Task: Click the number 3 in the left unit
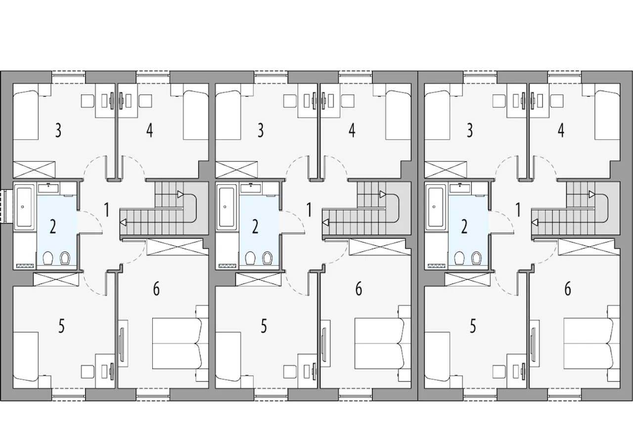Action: [x=58, y=130]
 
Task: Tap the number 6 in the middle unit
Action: [x=359, y=289]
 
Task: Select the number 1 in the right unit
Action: [x=518, y=210]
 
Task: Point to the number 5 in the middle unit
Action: [x=264, y=326]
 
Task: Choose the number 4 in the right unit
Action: [x=561, y=130]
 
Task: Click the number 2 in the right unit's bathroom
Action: [x=464, y=227]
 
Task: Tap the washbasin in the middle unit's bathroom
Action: [x=251, y=188]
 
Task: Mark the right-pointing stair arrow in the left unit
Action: [x=180, y=194]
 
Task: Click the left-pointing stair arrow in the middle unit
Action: [x=325, y=222]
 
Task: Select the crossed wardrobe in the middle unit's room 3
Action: [x=236, y=170]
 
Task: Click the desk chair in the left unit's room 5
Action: [x=88, y=372]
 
